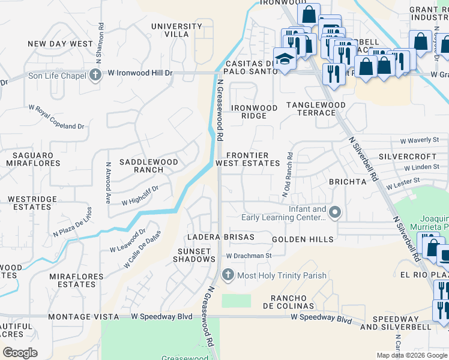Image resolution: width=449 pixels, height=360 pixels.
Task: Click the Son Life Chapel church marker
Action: pos(95,74)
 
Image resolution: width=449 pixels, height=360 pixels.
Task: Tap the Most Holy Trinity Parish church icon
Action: pos(228,275)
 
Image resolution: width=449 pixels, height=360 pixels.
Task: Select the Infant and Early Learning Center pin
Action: pos(335,212)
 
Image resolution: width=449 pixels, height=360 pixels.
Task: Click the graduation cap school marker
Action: pos(283,59)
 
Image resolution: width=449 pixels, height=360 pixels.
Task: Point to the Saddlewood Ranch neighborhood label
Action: pos(148,166)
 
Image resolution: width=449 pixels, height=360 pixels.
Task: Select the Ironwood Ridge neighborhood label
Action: pos(255,112)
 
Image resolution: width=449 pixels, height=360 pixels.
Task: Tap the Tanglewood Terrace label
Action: pos(316,109)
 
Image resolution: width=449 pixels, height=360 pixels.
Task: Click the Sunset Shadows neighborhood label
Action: pos(194,255)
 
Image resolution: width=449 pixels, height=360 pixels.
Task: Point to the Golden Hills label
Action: pos(303,239)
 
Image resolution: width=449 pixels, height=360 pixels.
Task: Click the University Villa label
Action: pos(176,30)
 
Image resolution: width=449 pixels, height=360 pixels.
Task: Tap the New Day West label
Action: pos(61,44)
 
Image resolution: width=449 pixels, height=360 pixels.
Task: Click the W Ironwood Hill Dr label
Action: pos(140,73)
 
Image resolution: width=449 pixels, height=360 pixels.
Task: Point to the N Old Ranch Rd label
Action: pos(287,174)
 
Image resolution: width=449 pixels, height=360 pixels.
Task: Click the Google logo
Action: pos(20,353)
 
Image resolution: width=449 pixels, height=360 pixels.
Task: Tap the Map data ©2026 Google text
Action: pos(411,355)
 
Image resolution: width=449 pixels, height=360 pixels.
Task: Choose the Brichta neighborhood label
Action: pos(346,181)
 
